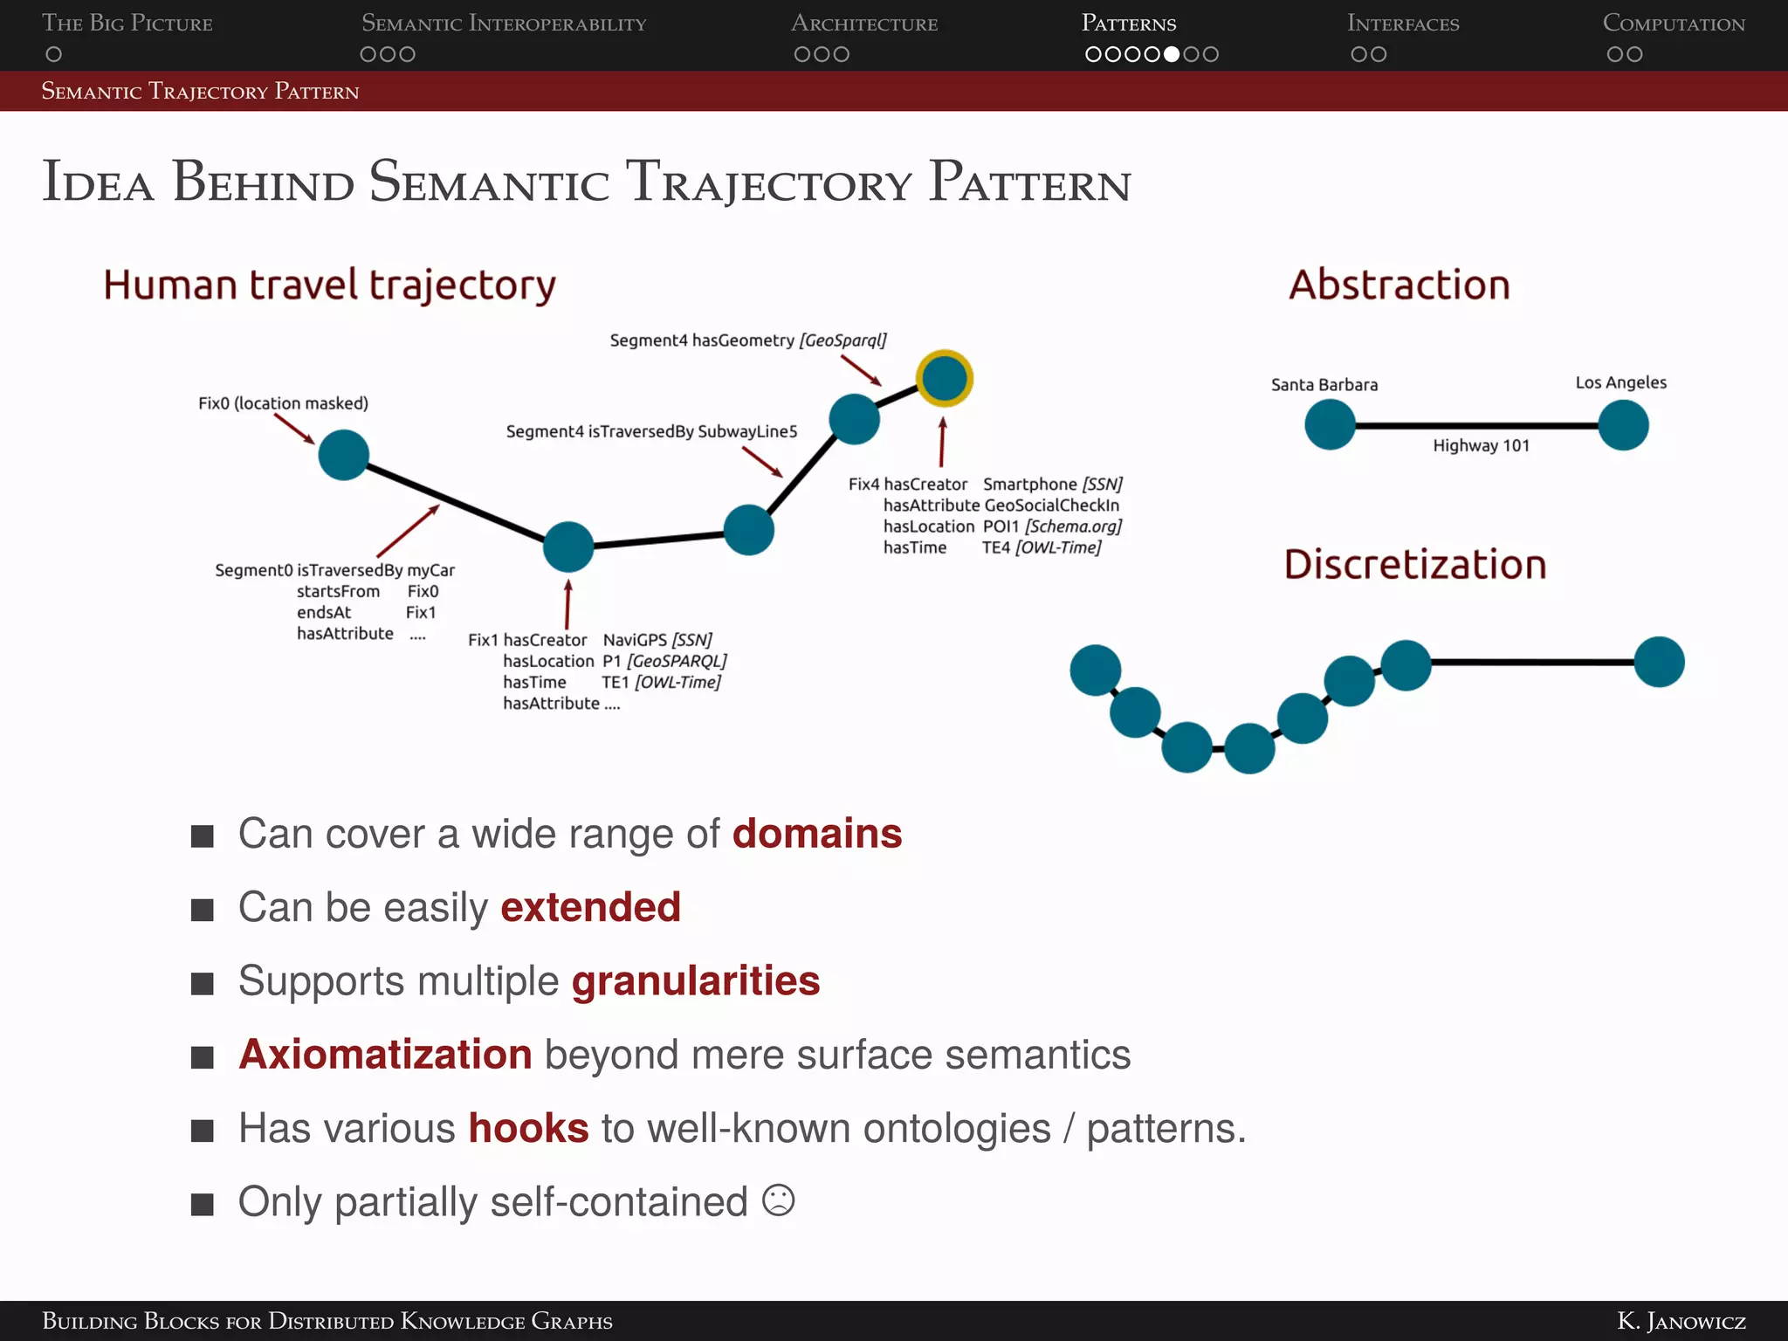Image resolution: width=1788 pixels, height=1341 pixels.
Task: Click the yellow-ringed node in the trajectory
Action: [x=945, y=379]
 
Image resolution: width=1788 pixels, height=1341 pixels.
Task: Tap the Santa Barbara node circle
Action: [x=1330, y=425]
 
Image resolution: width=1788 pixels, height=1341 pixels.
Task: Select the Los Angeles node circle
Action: [x=1623, y=425]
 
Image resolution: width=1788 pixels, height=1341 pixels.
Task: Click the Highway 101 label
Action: [x=1481, y=446]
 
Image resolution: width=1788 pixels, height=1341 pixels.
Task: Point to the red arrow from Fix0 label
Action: [x=294, y=429]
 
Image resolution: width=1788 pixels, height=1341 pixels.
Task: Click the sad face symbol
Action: [x=778, y=1200]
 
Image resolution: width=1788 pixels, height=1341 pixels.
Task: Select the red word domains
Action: [x=816, y=834]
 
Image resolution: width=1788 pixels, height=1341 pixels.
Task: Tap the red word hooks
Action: [x=528, y=1128]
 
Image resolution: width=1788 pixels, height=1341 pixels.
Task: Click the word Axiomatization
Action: [x=385, y=1055]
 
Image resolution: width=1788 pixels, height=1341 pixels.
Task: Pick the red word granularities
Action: [x=696, y=981]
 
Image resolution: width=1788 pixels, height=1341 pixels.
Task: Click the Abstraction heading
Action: [x=1399, y=285]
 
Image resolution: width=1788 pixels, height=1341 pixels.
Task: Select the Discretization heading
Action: [x=1414, y=565]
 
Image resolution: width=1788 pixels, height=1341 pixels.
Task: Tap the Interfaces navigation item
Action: [x=1403, y=24]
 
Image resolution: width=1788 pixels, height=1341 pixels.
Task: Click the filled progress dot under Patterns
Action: [x=1172, y=54]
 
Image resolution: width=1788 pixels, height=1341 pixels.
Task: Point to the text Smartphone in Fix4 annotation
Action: [x=1029, y=485]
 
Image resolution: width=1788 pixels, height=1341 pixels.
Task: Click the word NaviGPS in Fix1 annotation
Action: [x=635, y=640]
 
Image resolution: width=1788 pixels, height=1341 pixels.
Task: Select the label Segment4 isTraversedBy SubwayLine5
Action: [x=651, y=432]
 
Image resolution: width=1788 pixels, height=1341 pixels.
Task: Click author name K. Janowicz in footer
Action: [x=1681, y=1321]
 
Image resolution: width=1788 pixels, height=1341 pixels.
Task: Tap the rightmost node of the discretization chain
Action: [x=1659, y=663]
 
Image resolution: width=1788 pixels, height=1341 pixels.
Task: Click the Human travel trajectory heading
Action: [x=329, y=285]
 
